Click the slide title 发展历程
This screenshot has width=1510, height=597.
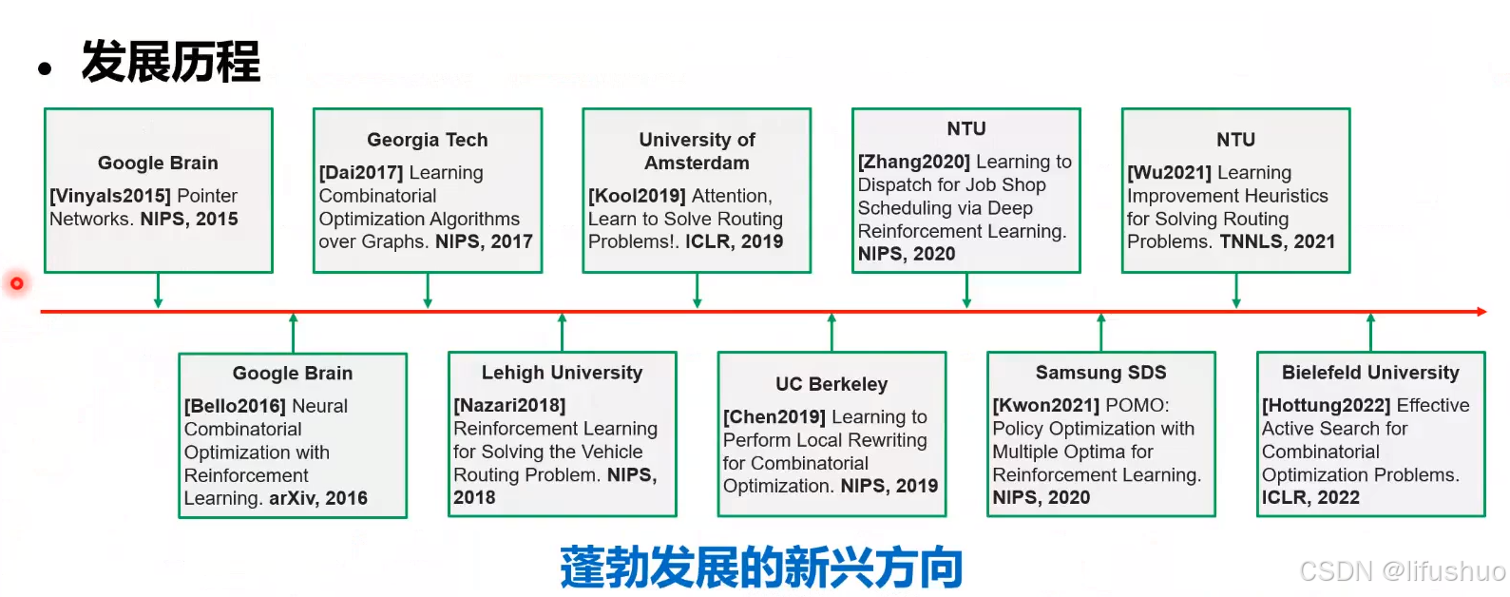170,63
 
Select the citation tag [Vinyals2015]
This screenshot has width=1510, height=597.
110,196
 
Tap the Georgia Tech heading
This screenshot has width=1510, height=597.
428,140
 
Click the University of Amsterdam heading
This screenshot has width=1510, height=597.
697,151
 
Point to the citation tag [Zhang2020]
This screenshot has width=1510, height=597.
913,163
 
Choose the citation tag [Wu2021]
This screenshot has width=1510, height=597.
1169,173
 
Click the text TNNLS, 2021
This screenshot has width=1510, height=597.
1277,241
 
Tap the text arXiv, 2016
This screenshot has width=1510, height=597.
317,498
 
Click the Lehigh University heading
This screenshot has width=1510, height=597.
562,373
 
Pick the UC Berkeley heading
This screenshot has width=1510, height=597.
831,384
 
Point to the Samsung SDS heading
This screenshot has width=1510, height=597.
1100,373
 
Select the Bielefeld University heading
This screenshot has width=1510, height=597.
1370,373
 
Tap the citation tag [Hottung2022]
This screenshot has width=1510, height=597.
1326,405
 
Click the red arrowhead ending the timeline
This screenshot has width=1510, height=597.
1481,311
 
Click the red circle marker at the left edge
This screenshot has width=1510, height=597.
16,283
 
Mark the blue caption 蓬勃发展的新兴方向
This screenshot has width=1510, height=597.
761,568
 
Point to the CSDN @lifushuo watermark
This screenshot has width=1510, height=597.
1402,570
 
